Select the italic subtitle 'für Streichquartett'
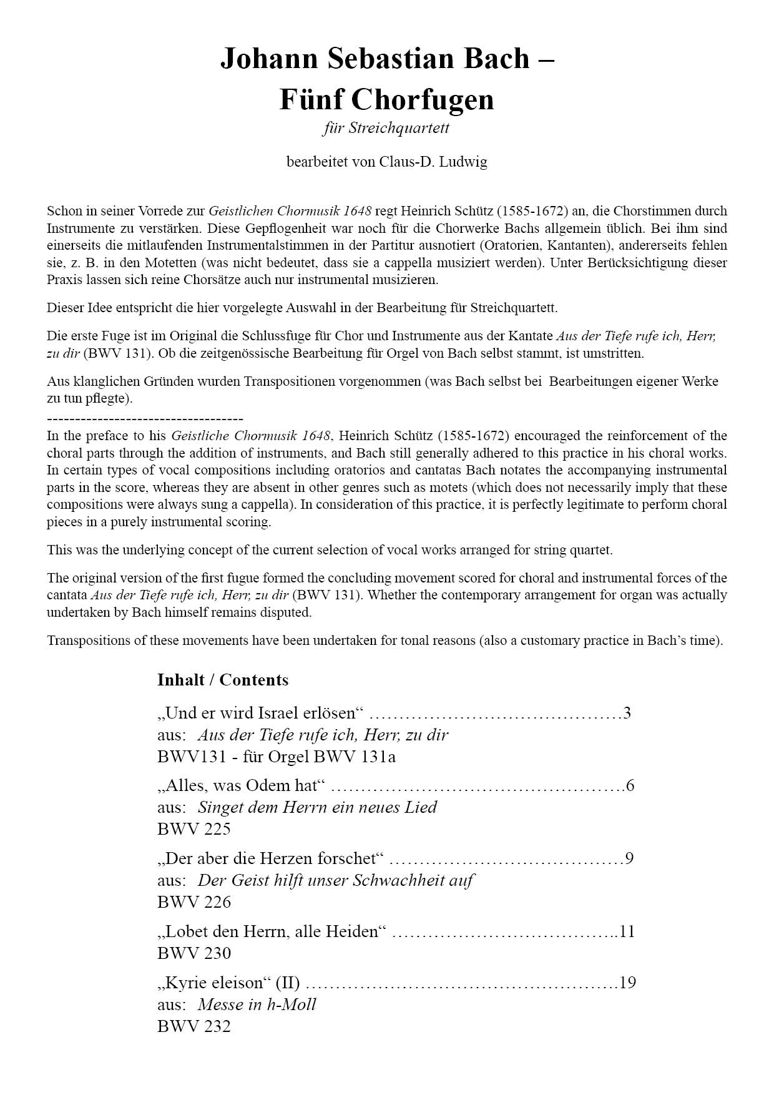(386, 129)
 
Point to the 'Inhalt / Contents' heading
(223, 680)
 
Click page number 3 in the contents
(627, 713)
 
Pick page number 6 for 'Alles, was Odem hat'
(630, 785)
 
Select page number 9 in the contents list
(629, 858)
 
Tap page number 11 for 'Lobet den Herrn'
(627, 931)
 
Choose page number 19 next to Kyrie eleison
(627, 983)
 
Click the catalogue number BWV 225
(194, 829)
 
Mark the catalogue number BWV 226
(194, 902)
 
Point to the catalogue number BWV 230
(194, 953)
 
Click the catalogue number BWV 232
(194, 1026)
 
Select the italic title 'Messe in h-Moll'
(257, 1004)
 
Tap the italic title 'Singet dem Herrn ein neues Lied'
(317, 807)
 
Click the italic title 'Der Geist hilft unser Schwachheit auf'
(335, 880)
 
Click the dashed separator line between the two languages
(145, 419)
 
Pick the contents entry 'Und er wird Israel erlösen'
(260, 713)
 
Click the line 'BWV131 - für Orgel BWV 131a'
(277, 757)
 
